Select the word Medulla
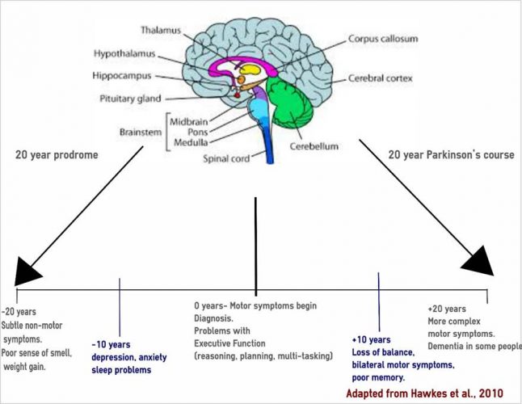[x=192, y=143]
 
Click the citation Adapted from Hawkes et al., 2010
[x=414, y=393]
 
